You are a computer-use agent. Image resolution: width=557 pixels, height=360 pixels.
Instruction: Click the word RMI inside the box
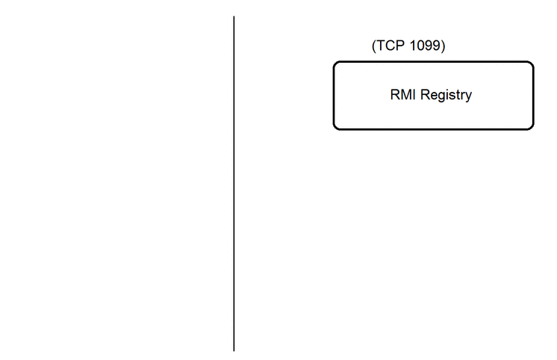pyautogui.click(x=402, y=95)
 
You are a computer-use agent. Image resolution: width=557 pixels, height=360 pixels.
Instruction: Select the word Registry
pyautogui.click(x=446, y=96)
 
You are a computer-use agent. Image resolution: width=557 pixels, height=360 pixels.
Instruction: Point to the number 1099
pyautogui.click(x=425, y=46)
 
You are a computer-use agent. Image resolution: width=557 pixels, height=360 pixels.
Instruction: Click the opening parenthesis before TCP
pyautogui.click(x=374, y=46)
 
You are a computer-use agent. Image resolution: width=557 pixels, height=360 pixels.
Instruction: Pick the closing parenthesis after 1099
pyautogui.click(x=443, y=46)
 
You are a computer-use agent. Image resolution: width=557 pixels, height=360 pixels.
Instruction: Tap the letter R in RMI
pyautogui.click(x=395, y=95)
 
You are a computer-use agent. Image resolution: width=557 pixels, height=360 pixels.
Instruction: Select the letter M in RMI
pyautogui.click(x=406, y=95)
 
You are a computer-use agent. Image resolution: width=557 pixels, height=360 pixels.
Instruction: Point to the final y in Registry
pyautogui.click(x=469, y=96)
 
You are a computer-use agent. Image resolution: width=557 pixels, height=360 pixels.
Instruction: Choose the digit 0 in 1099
pyautogui.click(x=421, y=46)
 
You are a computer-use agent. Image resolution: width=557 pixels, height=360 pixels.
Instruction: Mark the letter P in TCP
pyautogui.click(x=400, y=46)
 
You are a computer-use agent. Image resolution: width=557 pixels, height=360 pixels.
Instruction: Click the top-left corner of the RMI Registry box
pyautogui.click(x=334, y=62)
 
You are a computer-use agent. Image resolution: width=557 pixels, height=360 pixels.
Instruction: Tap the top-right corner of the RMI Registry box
pyautogui.click(x=533, y=62)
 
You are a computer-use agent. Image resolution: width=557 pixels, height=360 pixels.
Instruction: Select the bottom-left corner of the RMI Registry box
pyautogui.click(x=334, y=129)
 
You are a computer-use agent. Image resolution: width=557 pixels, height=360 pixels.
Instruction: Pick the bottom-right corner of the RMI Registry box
pyautogui.click(x=533, y=129)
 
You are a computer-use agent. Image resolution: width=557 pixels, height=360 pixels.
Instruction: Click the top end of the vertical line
pyautogui.click(x=234, y=16)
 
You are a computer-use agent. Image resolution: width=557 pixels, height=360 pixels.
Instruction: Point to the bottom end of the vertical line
pyautogui.click(x=234, y=351)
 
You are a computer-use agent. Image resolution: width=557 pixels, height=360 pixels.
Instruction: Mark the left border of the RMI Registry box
pyautogui.click(x=334, y=96)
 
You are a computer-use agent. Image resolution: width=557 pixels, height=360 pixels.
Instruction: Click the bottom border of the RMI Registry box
pyautogui.click(x=433, y=129)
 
